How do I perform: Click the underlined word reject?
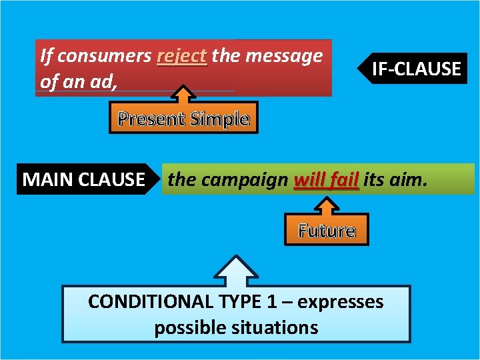(x=182, y=57)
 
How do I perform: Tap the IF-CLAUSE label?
(x=415, y=69)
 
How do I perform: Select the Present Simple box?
(x=183, y=119)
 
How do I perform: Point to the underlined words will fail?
(x=326, y=179)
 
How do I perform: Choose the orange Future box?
(x=327, y=231)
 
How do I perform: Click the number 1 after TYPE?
(x=272, y=301)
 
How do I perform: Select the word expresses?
(x=341, y=301)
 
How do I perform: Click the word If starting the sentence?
(x=47, y=57)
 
